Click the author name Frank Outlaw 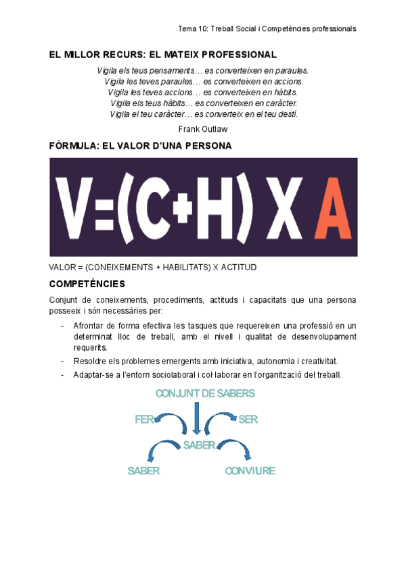(x=203, y=128)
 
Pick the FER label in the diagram (x=144, y=420)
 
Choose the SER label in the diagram (x=248, y=420)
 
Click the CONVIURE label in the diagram (x=250, y=471)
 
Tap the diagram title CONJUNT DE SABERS (x=205, y=393)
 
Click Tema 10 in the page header (x=191, y=29)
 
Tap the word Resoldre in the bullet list (x=90, y=362)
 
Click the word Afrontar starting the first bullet (x=90, y=326)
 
